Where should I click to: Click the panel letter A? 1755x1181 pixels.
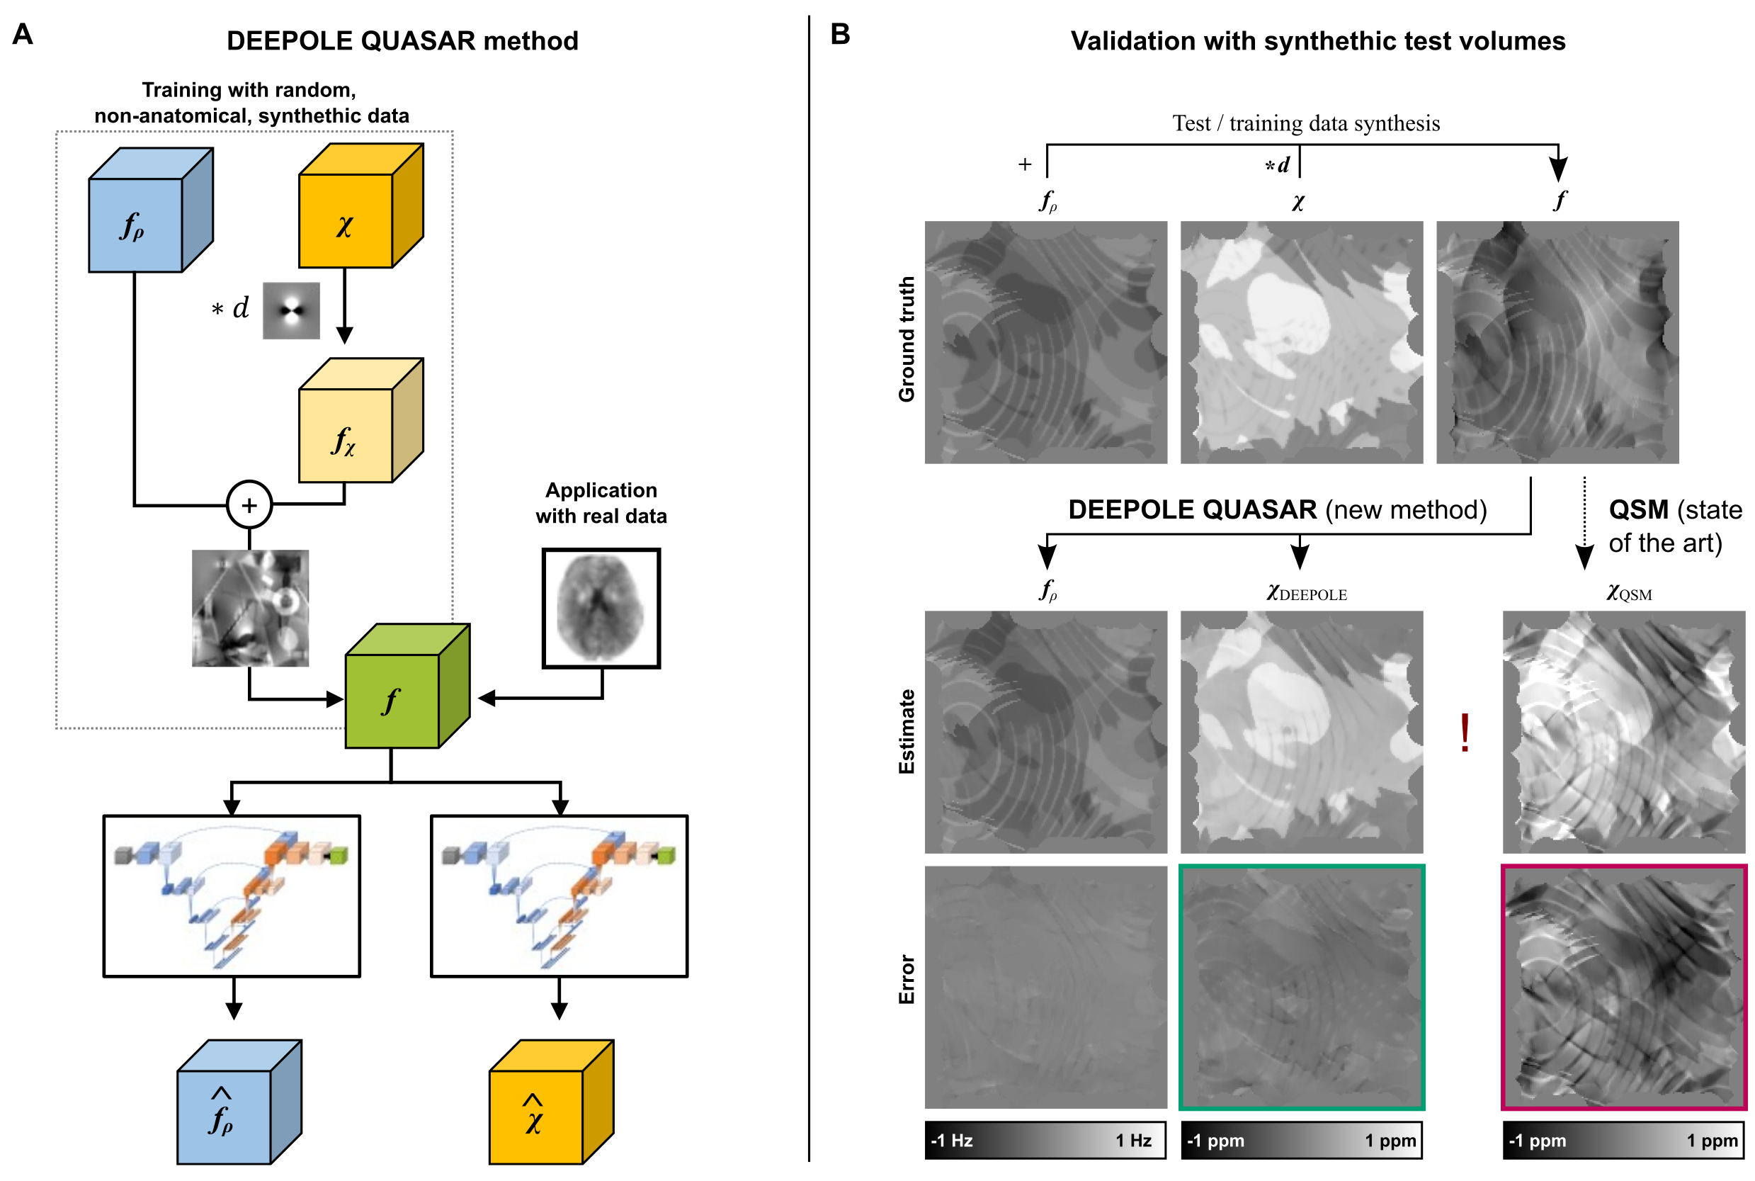click(23, 34)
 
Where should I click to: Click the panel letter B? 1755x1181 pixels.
click(839, 34)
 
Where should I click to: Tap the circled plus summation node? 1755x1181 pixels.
click(249, 504)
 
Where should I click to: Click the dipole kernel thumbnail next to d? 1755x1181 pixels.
click(291, 310)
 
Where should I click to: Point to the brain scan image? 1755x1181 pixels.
click(601, 608)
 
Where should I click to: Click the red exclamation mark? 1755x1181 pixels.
click(1465, 733)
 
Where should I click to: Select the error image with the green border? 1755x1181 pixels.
click(1301, 987)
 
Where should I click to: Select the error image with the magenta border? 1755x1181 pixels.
click(1623, 987)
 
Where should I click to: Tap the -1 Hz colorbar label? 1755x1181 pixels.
click(953, 1141)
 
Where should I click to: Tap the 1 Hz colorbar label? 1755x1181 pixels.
click(1133, 1141)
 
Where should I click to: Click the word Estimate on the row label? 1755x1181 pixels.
click(907, 731)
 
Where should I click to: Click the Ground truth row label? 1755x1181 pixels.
click(907, 339)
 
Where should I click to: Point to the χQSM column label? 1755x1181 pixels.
click(1628, 593)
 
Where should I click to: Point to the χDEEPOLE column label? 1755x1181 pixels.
click(1306, 593)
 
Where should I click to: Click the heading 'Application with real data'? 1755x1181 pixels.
click(601, 502)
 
